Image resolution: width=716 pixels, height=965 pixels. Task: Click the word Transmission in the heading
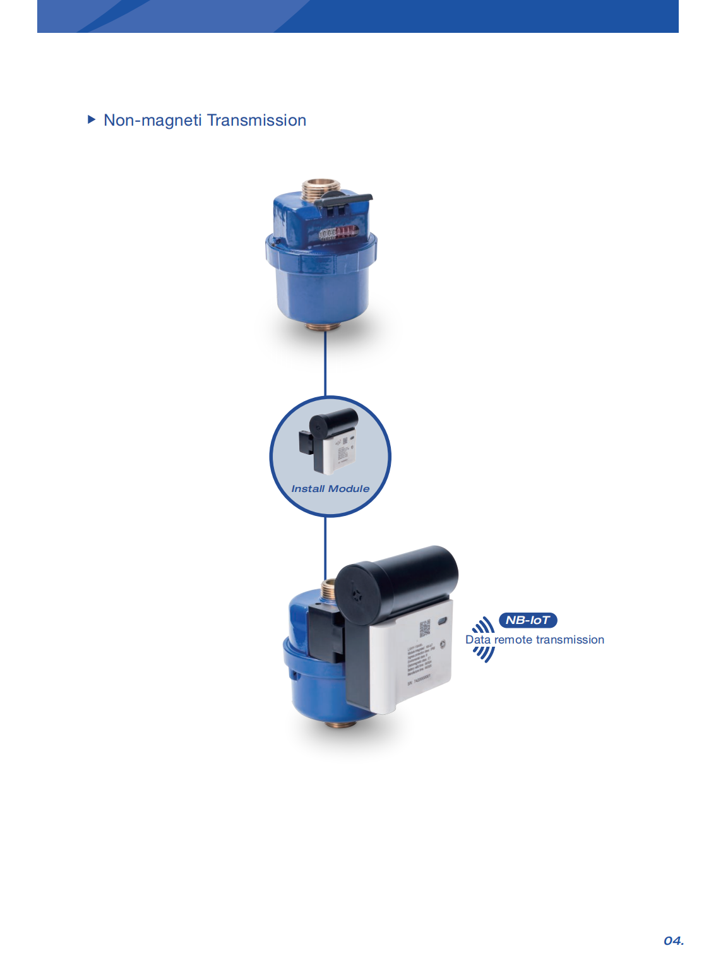pyautogui.click(x=256, y=121)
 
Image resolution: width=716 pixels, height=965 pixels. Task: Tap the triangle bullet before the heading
pyautogui.click(x=92, y=119)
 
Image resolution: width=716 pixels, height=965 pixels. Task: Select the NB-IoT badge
pyautogui.click(x=528, y=620)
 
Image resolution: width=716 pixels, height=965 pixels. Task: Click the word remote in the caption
pyautogui.click(x=513, y=640)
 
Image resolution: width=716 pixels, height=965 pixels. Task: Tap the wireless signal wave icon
pyautogui.click(x=484, y=640)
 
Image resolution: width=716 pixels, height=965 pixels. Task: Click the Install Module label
pyautogui.click(x=330, y=489)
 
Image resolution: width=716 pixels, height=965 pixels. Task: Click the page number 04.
pyautogui.click(x=673, y=941)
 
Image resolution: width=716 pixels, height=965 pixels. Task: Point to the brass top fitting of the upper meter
pyautogui.click(x=321, y=188)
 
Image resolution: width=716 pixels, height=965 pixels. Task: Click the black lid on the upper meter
pyautogui.click(x=344, y=200)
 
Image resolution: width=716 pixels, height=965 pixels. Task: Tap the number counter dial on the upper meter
pyautogui.click(x=338, y=233)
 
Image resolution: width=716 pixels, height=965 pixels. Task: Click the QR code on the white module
pyautogui.click(x=425, y=628)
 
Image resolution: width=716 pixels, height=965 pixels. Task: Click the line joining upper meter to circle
pyautogui.click(x=325, y=363)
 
